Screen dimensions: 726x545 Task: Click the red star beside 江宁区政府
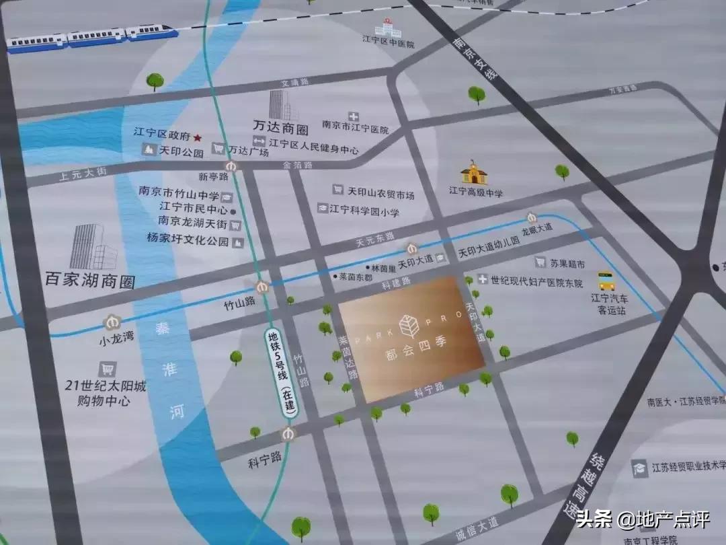point(198,136)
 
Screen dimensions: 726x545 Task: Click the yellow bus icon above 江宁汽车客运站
point(606,280)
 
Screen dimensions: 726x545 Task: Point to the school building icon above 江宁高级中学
point(477,173)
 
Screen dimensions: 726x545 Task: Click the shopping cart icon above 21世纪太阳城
point(107,369)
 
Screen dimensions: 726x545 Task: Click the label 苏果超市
point(568,263)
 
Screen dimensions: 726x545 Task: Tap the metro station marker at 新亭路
point(231,166)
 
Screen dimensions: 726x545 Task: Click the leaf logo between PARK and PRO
point(409,326)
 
